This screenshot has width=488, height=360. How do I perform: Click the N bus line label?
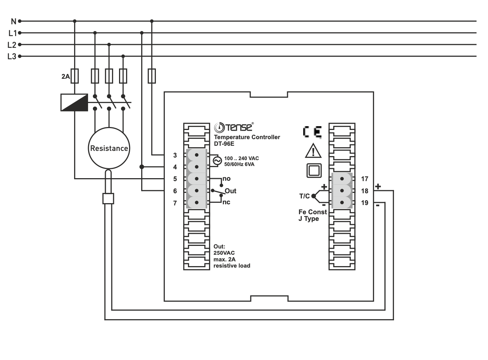pyautogui.click(x=13, y=21)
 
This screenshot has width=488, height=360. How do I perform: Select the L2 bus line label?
pyautogui.click(x=12, y=45)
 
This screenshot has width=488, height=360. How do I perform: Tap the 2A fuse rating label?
pyautogui.click(x=65, y=77)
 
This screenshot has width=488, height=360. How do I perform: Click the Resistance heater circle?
pyautogui.click(x=109, y=148)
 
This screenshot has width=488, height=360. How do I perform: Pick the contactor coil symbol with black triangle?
pyautogui.click(x=74, y=102)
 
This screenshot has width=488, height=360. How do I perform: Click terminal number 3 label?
pyautogui.click(x=175, y=155)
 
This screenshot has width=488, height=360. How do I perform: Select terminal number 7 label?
pyautogui.click(x=175, y=203)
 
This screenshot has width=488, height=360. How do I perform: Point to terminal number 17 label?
pyautogui.click(x=365, y=179)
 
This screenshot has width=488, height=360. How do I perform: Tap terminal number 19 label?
pyautogui.click(x=365, y=203)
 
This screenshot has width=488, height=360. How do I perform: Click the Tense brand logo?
pyautogui.click(x=234, y=127)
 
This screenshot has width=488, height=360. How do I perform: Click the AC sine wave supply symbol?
pyautogui.click(x=217, y=161)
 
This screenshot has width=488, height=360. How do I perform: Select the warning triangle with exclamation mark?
pyautogui.click(x=313, y=151)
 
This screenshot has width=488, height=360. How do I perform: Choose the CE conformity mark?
pyautogui.click(x=312, y=132)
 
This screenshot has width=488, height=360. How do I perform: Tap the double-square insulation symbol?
pyautogui.click(x=314, y=171)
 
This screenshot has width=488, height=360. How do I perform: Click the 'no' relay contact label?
pyautogui.click(x=226, y=179)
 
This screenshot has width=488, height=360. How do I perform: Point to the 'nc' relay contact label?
pyautogui.click(x=226, y=202)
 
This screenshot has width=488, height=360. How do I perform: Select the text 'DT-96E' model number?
pyautogui.click(x=224, y=144)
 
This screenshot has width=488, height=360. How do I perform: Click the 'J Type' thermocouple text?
pyautogui.click(x=309, y=219)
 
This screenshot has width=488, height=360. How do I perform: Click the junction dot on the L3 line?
pyautogui.click(x=123, y=56)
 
